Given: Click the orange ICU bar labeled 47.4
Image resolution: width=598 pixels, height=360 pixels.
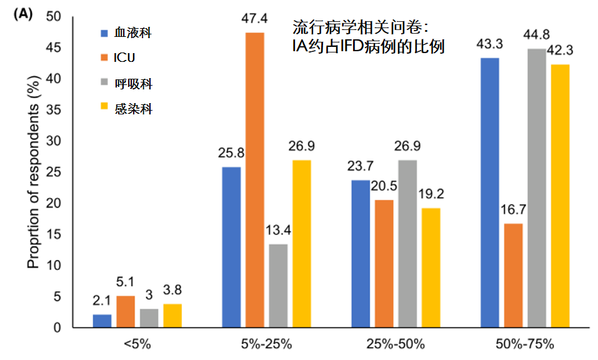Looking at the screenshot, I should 255,180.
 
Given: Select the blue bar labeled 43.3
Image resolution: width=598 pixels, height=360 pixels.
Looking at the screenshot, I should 489,192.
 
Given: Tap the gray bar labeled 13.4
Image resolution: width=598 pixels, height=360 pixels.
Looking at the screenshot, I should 278,286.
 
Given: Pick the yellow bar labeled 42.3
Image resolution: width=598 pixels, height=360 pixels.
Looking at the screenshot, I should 560,196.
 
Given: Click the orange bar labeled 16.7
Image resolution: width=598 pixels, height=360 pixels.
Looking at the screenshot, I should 513,275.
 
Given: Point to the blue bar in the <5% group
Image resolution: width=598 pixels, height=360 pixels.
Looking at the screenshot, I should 102,321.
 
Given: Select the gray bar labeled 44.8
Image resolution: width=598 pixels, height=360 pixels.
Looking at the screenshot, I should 536,187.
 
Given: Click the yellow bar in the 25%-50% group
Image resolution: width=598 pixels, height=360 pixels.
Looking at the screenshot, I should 431,267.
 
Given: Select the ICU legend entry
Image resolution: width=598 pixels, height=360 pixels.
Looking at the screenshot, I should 125,58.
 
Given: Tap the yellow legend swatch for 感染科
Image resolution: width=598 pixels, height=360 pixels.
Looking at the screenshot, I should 104,109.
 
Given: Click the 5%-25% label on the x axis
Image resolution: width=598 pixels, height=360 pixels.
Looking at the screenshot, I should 267,344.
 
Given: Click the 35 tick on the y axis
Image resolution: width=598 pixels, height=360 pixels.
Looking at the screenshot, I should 61,110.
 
